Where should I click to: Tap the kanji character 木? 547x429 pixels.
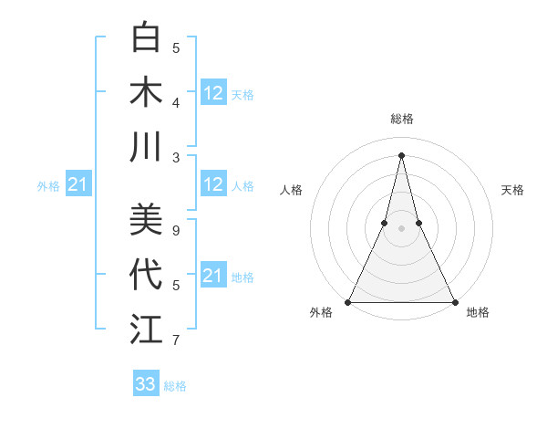point(146,93)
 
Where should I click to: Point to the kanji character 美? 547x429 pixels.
point(146,220)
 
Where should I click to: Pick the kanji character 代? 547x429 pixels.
point(146,274)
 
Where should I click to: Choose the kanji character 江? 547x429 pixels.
point(146,329)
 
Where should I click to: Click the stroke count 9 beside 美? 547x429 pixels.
point(176,231)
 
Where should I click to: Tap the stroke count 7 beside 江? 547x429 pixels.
point(176,340)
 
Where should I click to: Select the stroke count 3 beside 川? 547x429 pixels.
point(176,157)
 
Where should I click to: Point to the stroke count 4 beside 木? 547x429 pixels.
point(176,103)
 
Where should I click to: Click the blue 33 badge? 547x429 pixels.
point(146,384)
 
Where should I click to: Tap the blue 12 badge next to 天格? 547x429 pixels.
point(213,93)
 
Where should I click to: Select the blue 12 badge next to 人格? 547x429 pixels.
point(213,184)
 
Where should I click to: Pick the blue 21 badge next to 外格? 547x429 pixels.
point(77,185)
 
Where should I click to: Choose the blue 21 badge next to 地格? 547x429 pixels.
point(213,276)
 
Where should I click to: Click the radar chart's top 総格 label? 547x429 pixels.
point(401,119)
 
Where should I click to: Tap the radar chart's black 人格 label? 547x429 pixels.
point(292,190)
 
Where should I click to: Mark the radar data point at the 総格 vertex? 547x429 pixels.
point(401,154)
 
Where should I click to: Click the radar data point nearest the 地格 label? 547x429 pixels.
point(454,302)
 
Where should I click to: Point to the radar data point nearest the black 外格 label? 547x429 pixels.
point(348,302)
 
